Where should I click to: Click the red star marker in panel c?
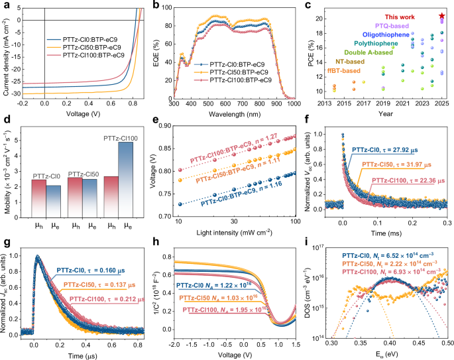442,15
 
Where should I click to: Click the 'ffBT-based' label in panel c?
341,71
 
